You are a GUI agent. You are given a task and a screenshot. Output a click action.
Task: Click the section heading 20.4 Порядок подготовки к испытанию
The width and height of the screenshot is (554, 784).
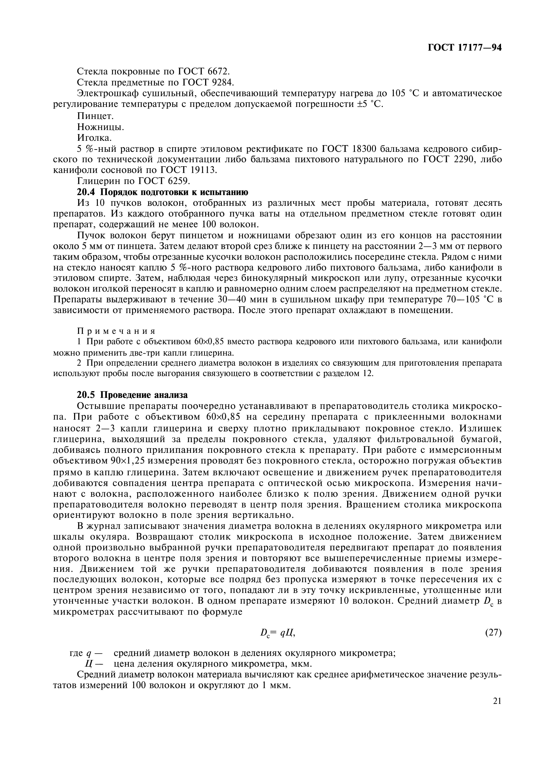click(163, 192)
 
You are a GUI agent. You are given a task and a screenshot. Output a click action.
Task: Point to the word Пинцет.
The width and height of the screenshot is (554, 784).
click(95, 116)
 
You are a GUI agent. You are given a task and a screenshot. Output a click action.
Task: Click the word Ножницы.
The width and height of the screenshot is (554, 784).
click(100, 127)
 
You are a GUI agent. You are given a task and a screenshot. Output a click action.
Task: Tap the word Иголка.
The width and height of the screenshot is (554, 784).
click(94, 138)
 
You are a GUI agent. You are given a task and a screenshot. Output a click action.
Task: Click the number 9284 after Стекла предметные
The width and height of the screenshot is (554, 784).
click(223, 82)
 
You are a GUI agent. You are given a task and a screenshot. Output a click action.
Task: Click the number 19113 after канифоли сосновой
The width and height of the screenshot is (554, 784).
click(205, 170)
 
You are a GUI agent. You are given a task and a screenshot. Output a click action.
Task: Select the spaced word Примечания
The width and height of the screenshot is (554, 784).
click(116, 331)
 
